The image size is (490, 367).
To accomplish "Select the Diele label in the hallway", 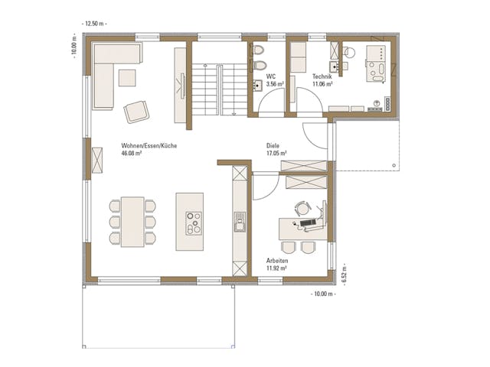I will (x=273, y=145).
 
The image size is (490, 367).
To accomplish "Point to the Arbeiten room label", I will (x=277, y=261).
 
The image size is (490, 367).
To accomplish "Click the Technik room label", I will (x=322, y=76).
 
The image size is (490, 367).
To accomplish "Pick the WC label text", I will (x=270, y=76).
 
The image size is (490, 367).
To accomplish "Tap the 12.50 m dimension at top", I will (x=96, y=23).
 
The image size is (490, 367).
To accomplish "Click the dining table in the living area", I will (x=132, y=222).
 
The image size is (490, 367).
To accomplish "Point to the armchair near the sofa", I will (x=137, y=112).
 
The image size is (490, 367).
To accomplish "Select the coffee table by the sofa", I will (x=126, y=77).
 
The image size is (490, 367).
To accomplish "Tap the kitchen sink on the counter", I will (x=239, y=224).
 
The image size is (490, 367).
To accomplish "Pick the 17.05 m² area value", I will (x=276, y=153).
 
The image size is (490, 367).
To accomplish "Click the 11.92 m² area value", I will (x=276, y=268).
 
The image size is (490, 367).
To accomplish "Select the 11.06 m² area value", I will (x=322, y=84).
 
